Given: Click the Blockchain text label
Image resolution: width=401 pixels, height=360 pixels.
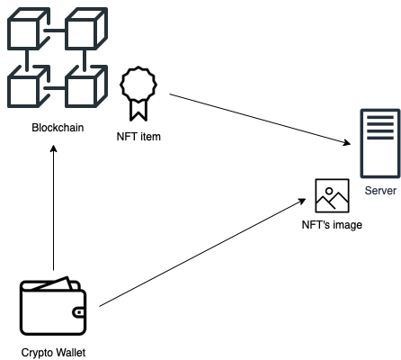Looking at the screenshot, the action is click(58, 128).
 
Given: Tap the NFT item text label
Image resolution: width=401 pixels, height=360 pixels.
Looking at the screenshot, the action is click(138, 137).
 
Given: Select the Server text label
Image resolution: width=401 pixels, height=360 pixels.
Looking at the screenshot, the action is click(380, 191).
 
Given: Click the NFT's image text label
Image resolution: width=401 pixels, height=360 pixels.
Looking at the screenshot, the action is click(332, 225).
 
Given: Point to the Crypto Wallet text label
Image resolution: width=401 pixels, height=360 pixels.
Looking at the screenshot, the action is click(53, 353).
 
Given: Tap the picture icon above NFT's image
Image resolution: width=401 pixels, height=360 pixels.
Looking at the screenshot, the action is click(332, 195).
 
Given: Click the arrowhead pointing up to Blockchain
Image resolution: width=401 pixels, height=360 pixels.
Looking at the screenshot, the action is click(54, 148).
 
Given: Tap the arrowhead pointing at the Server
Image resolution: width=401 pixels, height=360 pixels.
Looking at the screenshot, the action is click(347, 142).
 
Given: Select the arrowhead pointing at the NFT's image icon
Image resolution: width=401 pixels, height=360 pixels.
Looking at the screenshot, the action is click(301, 202).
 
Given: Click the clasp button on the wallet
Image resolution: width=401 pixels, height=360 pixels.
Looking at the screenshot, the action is click(79, 312).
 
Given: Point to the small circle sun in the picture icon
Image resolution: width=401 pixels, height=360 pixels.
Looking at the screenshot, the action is click(329, 191).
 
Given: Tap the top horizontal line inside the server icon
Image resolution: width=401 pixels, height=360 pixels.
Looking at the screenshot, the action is click(380, 117).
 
